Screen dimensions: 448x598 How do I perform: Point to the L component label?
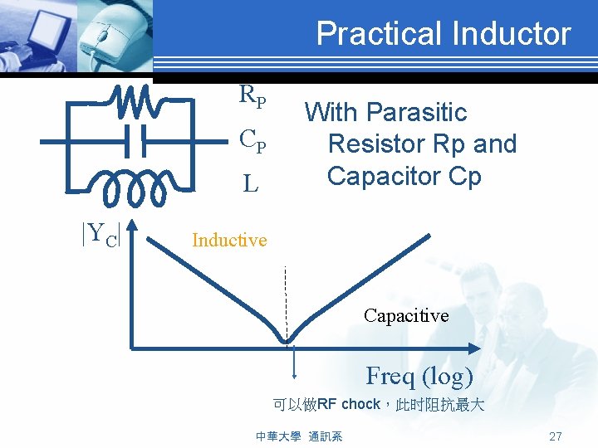point(250,184)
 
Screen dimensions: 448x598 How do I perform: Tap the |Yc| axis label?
point(101,235)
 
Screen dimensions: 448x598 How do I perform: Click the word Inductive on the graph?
point(229,241)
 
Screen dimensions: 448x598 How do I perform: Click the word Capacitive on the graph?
point(405,315)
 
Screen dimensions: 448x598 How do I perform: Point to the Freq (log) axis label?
point(419,376)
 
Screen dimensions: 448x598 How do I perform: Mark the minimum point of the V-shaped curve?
point(287,340)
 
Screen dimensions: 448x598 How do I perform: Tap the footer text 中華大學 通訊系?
point(300,436)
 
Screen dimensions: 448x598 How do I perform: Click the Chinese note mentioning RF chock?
point(378,406)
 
